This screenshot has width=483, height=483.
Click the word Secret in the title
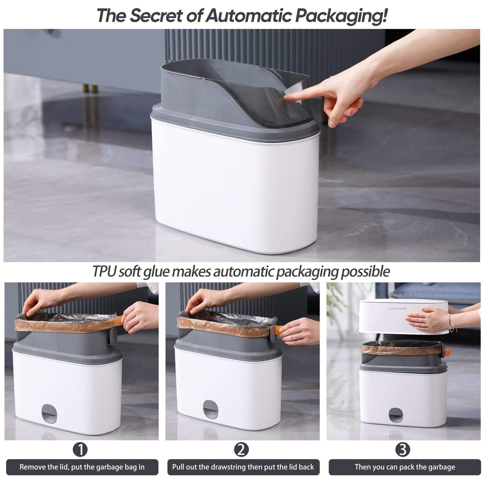click(156, 15)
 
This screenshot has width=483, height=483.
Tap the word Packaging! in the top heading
click(341, 16)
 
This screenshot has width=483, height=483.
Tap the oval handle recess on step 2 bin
click(210, 410)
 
